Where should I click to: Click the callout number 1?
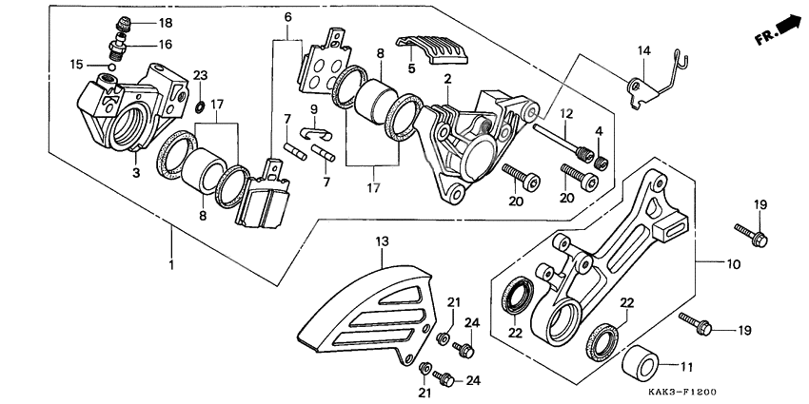172,263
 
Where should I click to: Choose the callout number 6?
287,18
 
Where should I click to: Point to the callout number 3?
136,172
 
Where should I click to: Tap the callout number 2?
445,82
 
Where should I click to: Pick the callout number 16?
166,45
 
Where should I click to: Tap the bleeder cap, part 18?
121,24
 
